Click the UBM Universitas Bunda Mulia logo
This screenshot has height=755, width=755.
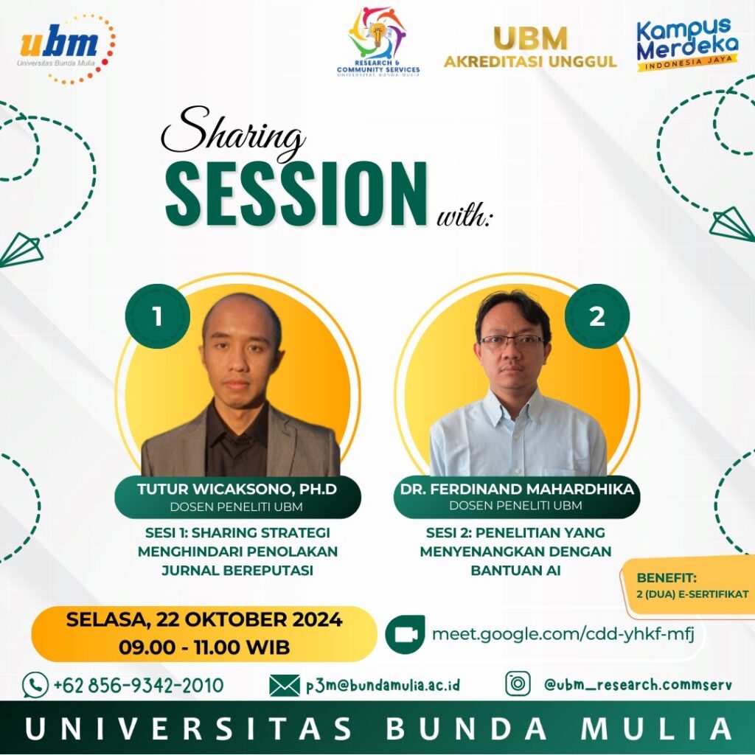coord(66,48)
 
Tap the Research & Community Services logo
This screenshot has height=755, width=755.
coord(378,42)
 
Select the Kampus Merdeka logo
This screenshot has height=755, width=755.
coord(687,45)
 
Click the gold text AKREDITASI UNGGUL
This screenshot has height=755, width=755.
coord(530,62)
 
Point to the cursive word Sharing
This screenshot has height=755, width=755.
coord(233,134)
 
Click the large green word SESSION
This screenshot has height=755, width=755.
coord(296,194)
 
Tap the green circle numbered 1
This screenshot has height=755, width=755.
coord(158,316)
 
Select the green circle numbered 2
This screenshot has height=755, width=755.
coord(597,316)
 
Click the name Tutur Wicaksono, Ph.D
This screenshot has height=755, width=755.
coord(237,490)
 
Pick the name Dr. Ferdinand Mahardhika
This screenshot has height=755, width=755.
coord(517,490)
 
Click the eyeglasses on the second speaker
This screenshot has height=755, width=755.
coord(512,342)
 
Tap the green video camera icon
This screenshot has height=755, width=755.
coord(405,634)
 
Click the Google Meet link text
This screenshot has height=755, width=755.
coord(563,633)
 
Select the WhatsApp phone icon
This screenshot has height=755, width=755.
coord(35,685)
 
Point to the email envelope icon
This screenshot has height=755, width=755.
coord(284,685)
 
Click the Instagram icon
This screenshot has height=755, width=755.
coord(518,683)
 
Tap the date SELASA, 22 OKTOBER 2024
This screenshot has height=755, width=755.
coord(204,619)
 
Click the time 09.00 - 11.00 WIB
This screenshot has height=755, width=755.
coord(204,647)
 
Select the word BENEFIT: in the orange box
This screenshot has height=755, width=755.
coord(667,577)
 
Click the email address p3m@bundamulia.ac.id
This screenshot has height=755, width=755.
coord(383,685)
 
